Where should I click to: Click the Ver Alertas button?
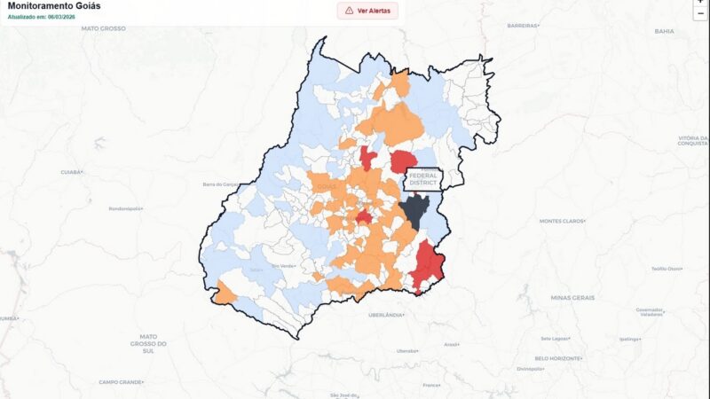(367, 11)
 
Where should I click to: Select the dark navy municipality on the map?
(414, 211)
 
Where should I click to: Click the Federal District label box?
(423, 179)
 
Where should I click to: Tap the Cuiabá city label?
(71, 171)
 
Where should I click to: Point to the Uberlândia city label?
(386, 315)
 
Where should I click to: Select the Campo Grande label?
(121, 381)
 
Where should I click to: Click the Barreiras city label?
(523, 26)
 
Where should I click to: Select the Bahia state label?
(664, 31)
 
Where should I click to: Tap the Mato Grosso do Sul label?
(148, 341)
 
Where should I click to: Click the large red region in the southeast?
(428, 266)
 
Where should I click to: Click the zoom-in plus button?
(700, 3)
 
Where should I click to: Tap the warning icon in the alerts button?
(349, 11)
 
